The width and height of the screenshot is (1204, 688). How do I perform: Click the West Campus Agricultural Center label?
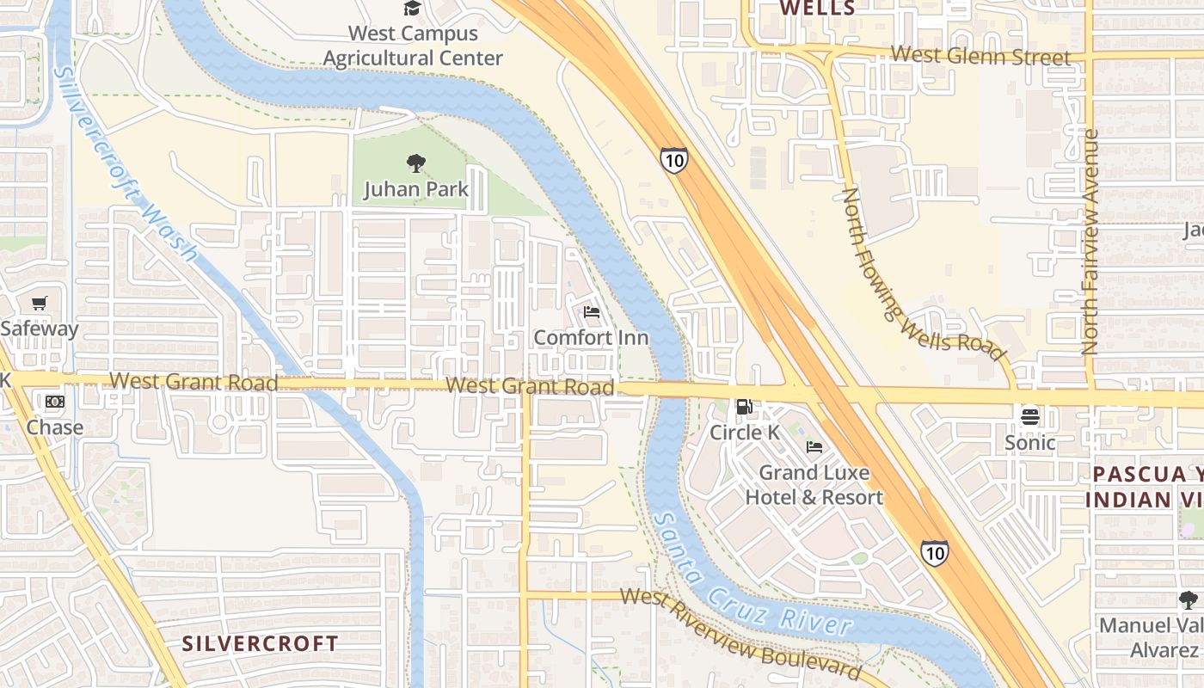click(x=413, y=46)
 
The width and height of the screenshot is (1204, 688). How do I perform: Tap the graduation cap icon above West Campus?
click(x=413, y=9)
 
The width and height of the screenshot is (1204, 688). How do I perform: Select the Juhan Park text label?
click(x=416, y=189)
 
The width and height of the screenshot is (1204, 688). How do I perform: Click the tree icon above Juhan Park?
click(x=416, y=163)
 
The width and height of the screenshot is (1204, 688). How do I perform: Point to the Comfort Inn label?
click(x=592, y=337)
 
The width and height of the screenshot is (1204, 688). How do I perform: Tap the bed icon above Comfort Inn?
click(x=592, y=312)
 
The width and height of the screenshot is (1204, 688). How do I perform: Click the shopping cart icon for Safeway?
click(x=39, y=304)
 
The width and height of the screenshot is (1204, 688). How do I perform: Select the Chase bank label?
click(x=55, y=427)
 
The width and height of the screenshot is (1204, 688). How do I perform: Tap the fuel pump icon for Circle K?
click(x=744, y=407)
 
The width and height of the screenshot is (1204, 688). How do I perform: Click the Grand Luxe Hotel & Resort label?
click(x=814, y=485)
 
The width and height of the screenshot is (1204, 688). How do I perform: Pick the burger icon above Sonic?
click(x=1030, y=417)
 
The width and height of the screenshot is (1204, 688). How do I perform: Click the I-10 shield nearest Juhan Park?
click(x=674, y=160)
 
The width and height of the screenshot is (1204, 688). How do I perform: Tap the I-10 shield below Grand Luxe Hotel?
click(x=935, y=551)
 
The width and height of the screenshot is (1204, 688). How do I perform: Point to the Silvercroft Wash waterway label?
click(x=126, y=163)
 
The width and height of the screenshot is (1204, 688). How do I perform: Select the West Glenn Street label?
click(x=980, y=56)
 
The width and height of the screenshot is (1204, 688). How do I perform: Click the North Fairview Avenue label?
click(x=1090, y=243)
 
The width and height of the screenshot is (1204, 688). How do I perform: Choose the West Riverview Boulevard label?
click(x=740, y=633)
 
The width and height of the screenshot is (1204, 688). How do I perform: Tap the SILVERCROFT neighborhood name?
click(x=260, y=643)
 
